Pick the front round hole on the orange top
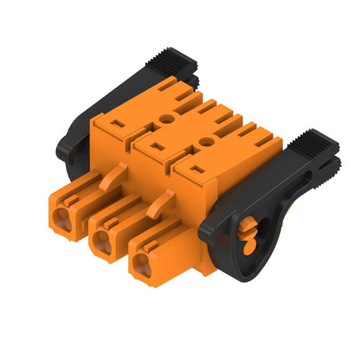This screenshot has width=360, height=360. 206,138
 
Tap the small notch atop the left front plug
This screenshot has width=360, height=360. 67,195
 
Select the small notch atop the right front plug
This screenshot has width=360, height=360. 148,241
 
